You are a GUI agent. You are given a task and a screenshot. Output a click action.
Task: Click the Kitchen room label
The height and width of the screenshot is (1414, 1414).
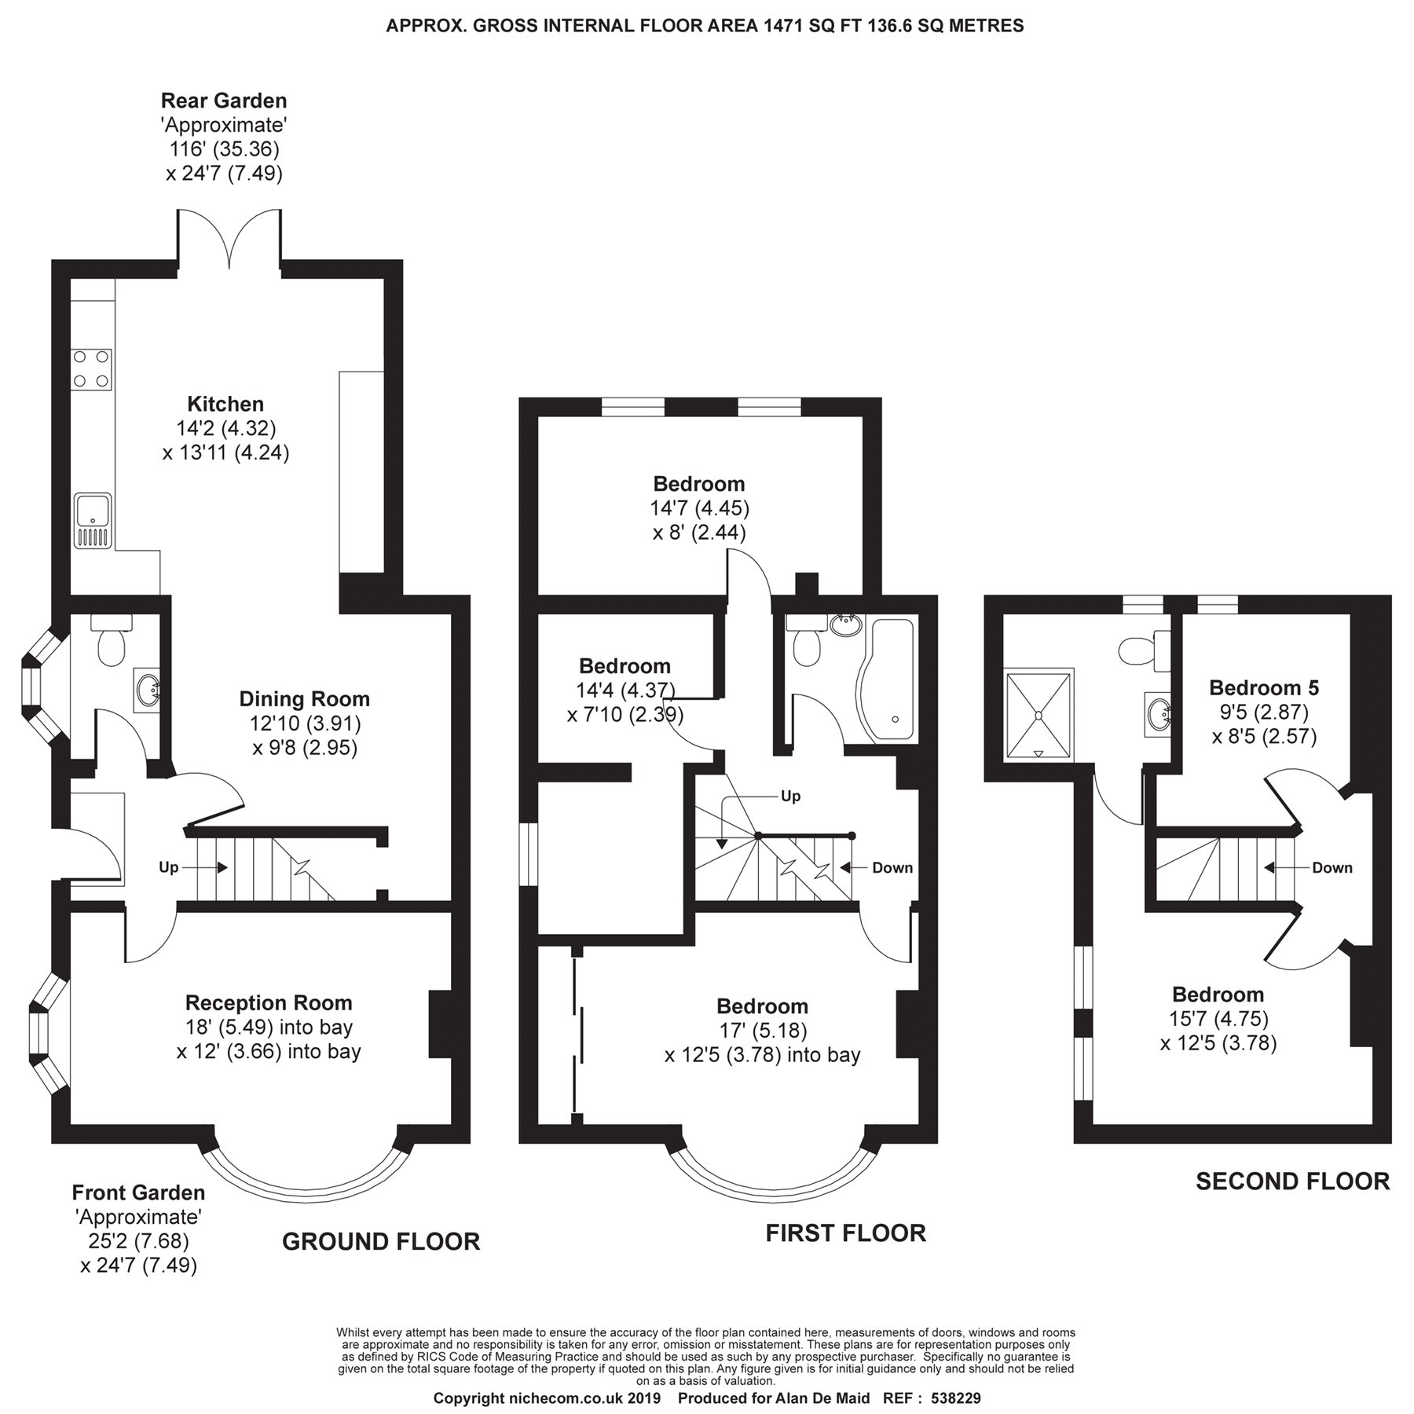click(225, 404)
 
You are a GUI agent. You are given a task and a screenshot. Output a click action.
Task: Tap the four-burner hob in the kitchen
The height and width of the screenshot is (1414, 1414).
click(91, 369)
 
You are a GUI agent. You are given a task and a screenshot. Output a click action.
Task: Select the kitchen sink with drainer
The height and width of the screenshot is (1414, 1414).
click(93, 520)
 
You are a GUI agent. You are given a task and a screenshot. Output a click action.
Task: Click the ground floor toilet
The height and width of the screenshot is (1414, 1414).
click(110, 644)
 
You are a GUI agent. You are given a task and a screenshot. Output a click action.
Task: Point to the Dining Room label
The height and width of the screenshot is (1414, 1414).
click(304, 698)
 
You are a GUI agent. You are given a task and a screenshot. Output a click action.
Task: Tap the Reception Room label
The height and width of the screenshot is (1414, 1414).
click(269, 1002)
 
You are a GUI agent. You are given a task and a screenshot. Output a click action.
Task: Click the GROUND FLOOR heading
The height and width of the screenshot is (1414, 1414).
click(381, 1241)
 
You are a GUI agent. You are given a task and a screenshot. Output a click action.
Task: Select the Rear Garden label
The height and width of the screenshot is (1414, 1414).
click(224, 101)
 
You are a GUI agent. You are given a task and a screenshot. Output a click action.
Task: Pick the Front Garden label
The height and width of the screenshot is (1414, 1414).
click(138, 1192)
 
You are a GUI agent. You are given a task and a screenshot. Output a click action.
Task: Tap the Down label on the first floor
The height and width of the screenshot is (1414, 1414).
click(892, 867)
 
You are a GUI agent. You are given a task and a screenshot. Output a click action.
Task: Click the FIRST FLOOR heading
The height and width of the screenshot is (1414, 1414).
click(845, 1233)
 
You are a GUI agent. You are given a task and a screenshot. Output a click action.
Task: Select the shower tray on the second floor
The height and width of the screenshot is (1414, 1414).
click(1039, 714)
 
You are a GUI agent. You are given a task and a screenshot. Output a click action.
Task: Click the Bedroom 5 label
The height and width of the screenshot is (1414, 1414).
click(1263, 687)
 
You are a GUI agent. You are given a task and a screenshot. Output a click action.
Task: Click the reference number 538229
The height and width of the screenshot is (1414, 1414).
click(955, 1398)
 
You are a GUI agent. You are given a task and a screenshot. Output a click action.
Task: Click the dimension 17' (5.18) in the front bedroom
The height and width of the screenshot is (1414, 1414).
click(762, 1030)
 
